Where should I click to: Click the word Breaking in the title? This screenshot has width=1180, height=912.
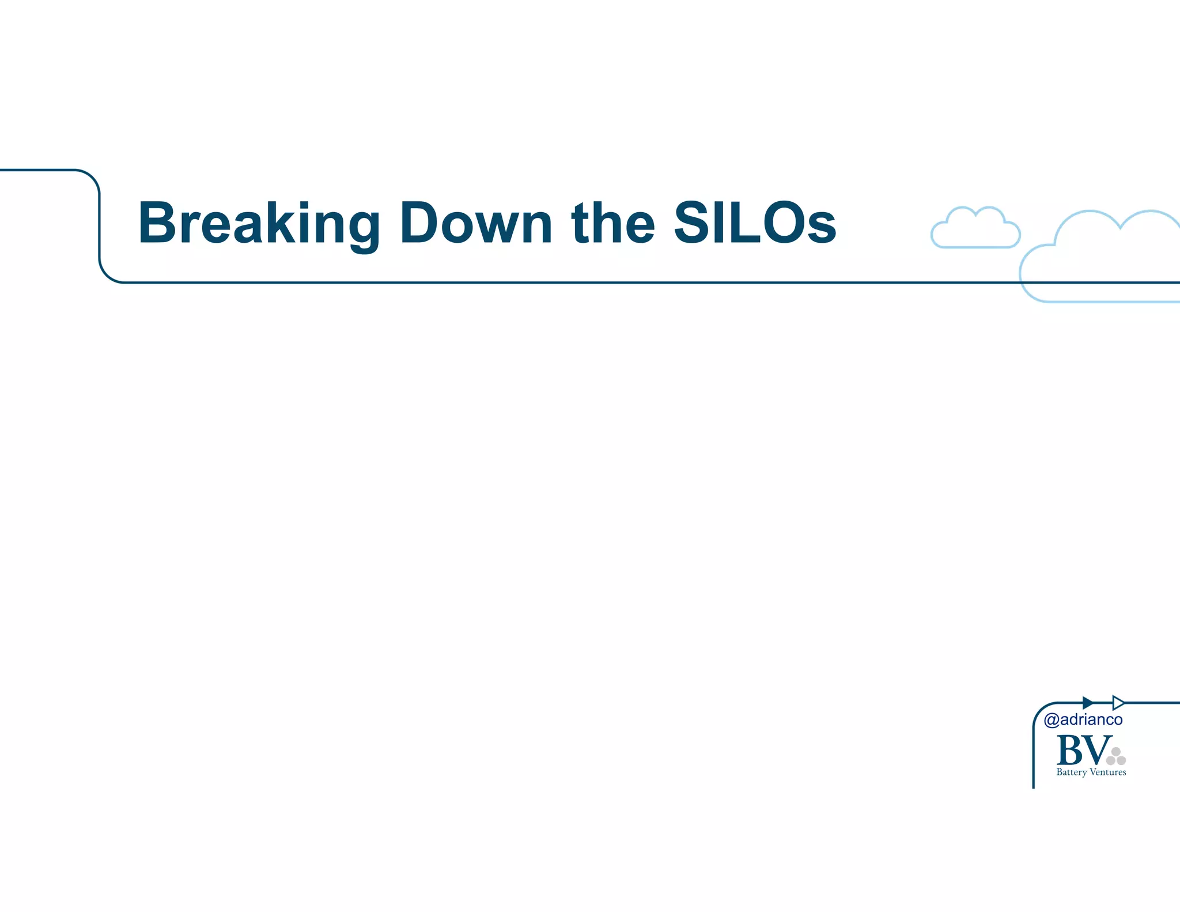259,224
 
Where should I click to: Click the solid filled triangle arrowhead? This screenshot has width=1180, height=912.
1087,703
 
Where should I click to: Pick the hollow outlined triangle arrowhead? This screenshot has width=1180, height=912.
1118,703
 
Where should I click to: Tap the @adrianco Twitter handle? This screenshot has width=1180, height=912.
1083,719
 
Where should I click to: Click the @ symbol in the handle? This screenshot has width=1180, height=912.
1052,720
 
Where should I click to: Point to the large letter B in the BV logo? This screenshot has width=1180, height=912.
1070,751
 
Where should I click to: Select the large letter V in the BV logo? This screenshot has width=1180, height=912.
1096,751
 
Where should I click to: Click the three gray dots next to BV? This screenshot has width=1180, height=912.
1116,756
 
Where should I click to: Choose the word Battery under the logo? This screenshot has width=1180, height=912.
1071,772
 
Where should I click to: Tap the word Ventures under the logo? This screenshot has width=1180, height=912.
1107,772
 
